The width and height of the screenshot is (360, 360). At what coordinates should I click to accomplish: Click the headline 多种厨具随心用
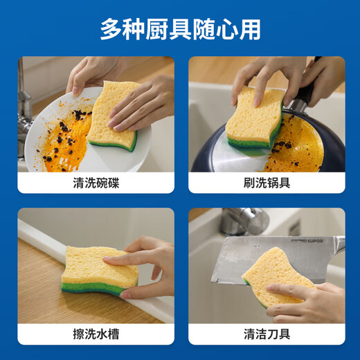(x=180, y=29)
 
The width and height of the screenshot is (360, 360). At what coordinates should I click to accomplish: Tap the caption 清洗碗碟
(x=96, y=183)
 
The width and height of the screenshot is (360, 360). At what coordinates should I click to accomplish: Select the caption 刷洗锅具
(x=267, y=183)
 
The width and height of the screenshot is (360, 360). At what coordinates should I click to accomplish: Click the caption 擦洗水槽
(x=96, y=334)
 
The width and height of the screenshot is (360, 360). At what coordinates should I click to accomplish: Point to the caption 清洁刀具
(x=267, y=334)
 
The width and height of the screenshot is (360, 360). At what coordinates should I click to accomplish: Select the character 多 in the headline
(x=111, y=29)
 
